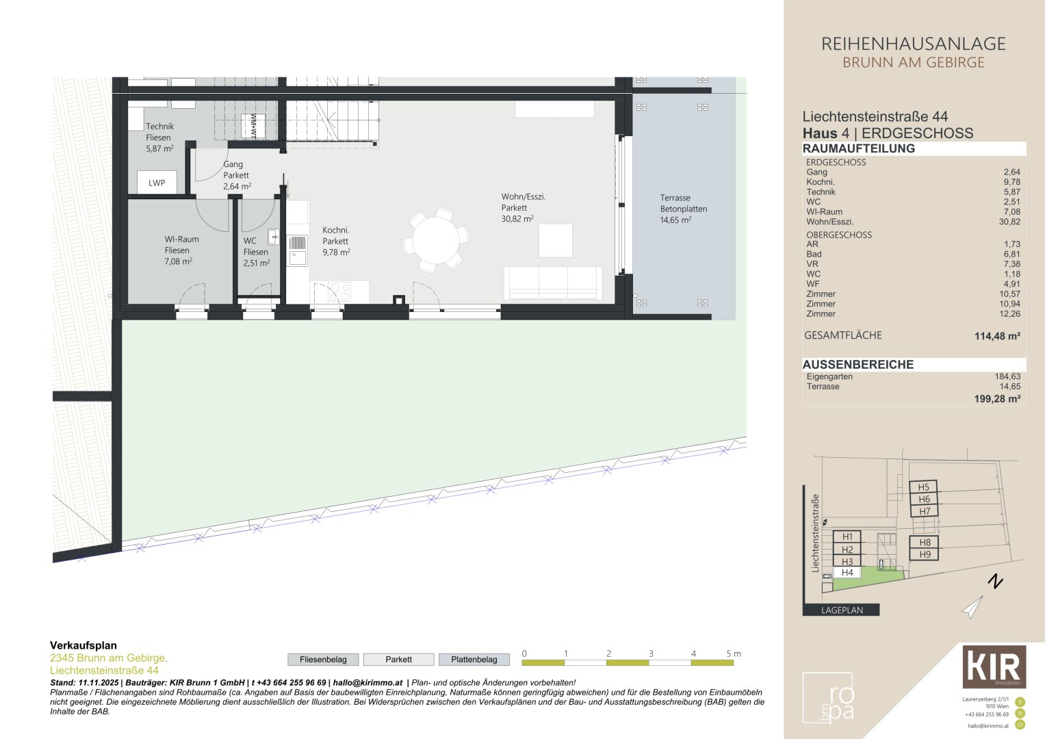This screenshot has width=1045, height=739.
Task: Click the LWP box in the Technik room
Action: (157, 183)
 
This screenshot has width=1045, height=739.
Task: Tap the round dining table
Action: (436, 240)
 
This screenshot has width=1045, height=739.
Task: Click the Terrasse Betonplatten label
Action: (683, 209)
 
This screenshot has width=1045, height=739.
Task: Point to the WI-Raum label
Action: (181, 250)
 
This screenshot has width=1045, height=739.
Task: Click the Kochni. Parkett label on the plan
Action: (336, 241)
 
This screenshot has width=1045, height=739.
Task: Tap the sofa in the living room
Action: (553, 283)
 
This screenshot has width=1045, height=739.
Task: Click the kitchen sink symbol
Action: (298, 258)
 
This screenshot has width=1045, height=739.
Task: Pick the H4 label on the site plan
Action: (847, 573)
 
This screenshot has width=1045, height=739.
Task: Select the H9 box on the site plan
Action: (924, 554)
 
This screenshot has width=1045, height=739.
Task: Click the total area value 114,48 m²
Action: (997, 336)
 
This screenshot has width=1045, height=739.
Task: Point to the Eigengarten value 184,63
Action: (1007, 376)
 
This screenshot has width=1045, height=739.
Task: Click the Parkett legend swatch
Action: (398, 660)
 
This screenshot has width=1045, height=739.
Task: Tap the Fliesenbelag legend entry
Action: (323, 660)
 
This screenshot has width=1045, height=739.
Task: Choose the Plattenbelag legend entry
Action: (474, 660)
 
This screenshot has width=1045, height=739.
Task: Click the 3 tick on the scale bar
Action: (651, 654)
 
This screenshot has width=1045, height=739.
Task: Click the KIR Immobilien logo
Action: (994, 666)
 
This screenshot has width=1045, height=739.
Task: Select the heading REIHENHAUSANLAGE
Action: (913, 44)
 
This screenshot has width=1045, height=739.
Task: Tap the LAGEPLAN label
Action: (842, 610)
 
